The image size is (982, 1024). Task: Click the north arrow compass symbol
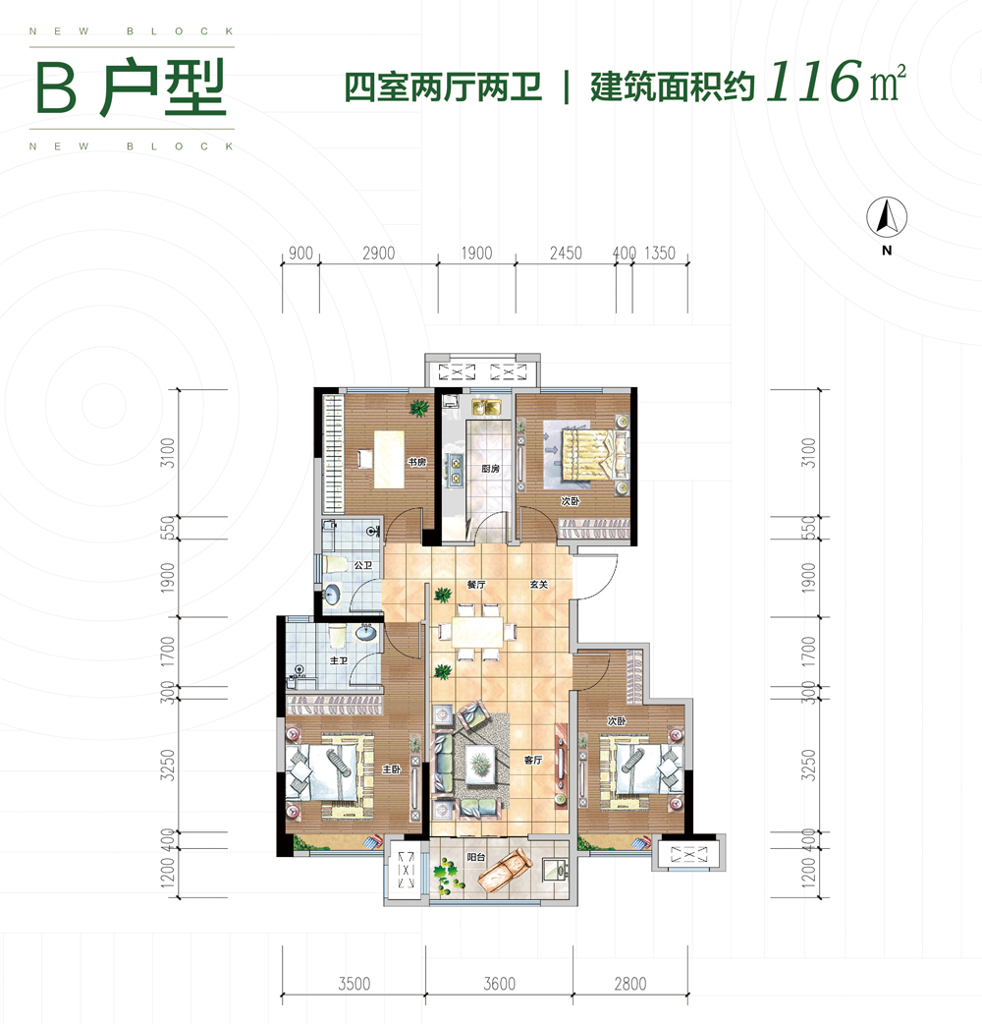[x=888, y=217]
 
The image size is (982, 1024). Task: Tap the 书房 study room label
[x=416, y=462]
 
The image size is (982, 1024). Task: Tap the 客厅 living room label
[x=533, y=760]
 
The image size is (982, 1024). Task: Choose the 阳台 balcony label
[x=476, y=858]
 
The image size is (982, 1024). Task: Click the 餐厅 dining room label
[x=477, y=585]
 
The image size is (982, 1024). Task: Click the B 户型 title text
[x=131, y=90]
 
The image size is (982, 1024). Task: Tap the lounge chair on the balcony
[x=503, y=869]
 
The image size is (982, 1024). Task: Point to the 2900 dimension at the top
[x=378, y=254]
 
